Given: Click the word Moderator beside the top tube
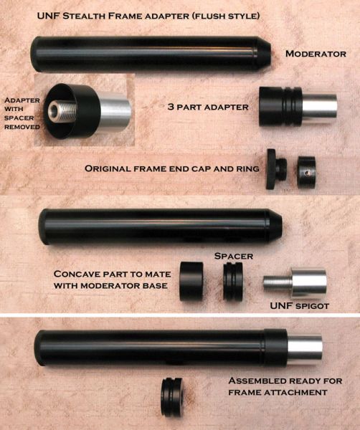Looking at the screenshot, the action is (316, 54).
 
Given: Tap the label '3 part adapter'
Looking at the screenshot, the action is (208, 107).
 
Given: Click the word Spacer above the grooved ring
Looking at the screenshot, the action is (234, 256).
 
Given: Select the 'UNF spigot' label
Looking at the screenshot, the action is (299, 305).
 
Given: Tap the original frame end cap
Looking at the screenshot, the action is (276, 169).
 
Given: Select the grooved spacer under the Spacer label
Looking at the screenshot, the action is (233, 281).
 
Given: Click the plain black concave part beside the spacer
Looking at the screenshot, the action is (191, 281).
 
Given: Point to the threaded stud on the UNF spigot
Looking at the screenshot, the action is (278, 282).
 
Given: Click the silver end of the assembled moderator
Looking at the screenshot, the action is (305, 350).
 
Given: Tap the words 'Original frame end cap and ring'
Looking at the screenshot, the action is (172, 168).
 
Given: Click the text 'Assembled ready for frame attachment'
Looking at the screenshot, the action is (285, 386).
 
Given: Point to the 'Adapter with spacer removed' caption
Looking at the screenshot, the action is (22, 113).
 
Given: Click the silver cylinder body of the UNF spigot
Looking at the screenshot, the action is (309, 283).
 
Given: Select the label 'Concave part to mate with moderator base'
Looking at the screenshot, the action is (112, 279).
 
